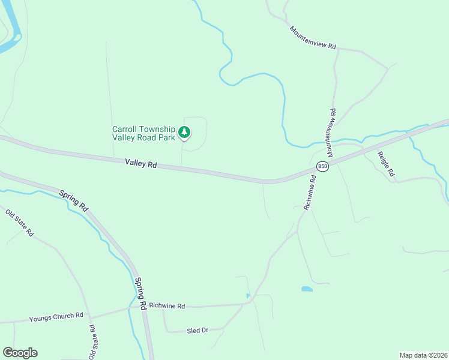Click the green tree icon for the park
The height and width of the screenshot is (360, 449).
(x=185, y=132)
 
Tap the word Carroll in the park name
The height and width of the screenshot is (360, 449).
(x=127, y=129)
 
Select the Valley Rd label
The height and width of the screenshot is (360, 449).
(x=141, y=163)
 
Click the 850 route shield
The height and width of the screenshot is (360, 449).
(x=323, y=166)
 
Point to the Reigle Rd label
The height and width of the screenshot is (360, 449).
(x=385, y=164)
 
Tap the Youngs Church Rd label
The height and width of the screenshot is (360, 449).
(x=55, y=316)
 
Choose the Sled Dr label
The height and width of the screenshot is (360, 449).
(x=197, y=331)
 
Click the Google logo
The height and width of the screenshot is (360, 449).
(x=20, y=353)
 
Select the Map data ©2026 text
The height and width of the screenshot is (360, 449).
(x=423, y=355)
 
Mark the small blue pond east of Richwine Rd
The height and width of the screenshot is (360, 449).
(x=307, y=289)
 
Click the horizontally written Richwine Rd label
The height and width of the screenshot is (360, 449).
(x=167, y=306)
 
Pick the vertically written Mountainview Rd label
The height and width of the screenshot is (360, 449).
(x=331, y=129)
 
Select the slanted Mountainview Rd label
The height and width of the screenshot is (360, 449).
(x=313, y=37)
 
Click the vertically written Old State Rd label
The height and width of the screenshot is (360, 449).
(x=92, y=342)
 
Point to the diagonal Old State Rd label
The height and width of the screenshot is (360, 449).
(x=20, y=222)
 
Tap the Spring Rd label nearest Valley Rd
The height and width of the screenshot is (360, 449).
(x=74, y=200)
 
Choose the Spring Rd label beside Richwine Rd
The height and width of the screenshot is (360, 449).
(x=140, y=293)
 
